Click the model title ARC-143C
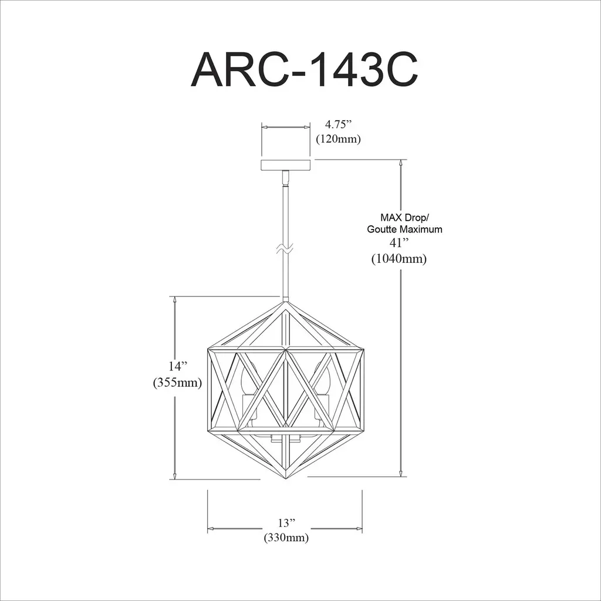click(x=304, y=69)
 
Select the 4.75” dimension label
click(x=338, y=124)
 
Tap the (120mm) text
click(x=338, y=139)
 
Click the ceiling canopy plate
click(x=286, y=165)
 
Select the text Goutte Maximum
click(x=404, y=229)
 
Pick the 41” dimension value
click(x=399, y=243)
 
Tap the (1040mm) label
click(x=399, y=259)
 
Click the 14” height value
click(x=178, y=366)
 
